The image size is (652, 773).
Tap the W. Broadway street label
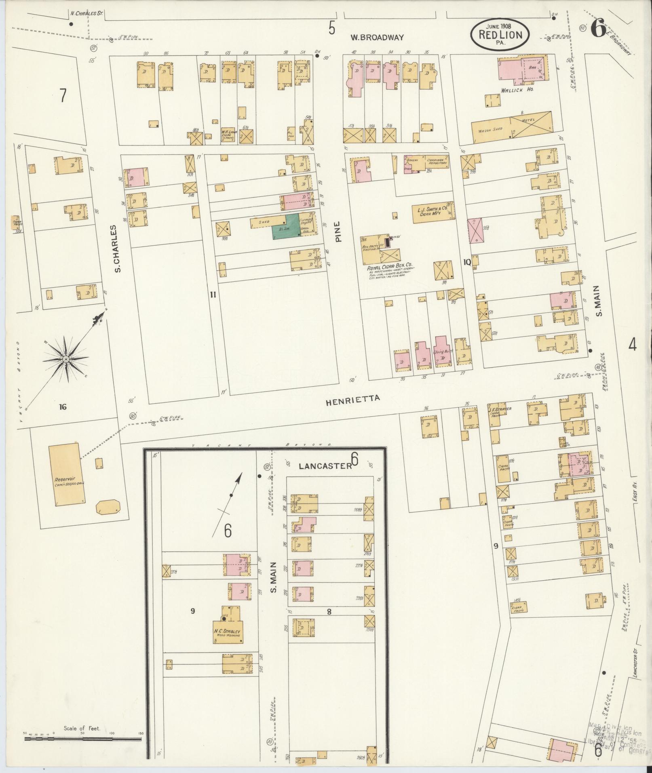click(x=377, y=38)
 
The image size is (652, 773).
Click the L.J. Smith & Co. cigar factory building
click(x=432, y=213)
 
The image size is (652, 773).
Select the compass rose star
click(x=65, y=359)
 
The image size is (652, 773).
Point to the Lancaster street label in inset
click(x=325, y=466)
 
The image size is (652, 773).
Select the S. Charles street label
click(x=118, y=249)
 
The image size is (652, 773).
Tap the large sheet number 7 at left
click(x=63, y=96)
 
